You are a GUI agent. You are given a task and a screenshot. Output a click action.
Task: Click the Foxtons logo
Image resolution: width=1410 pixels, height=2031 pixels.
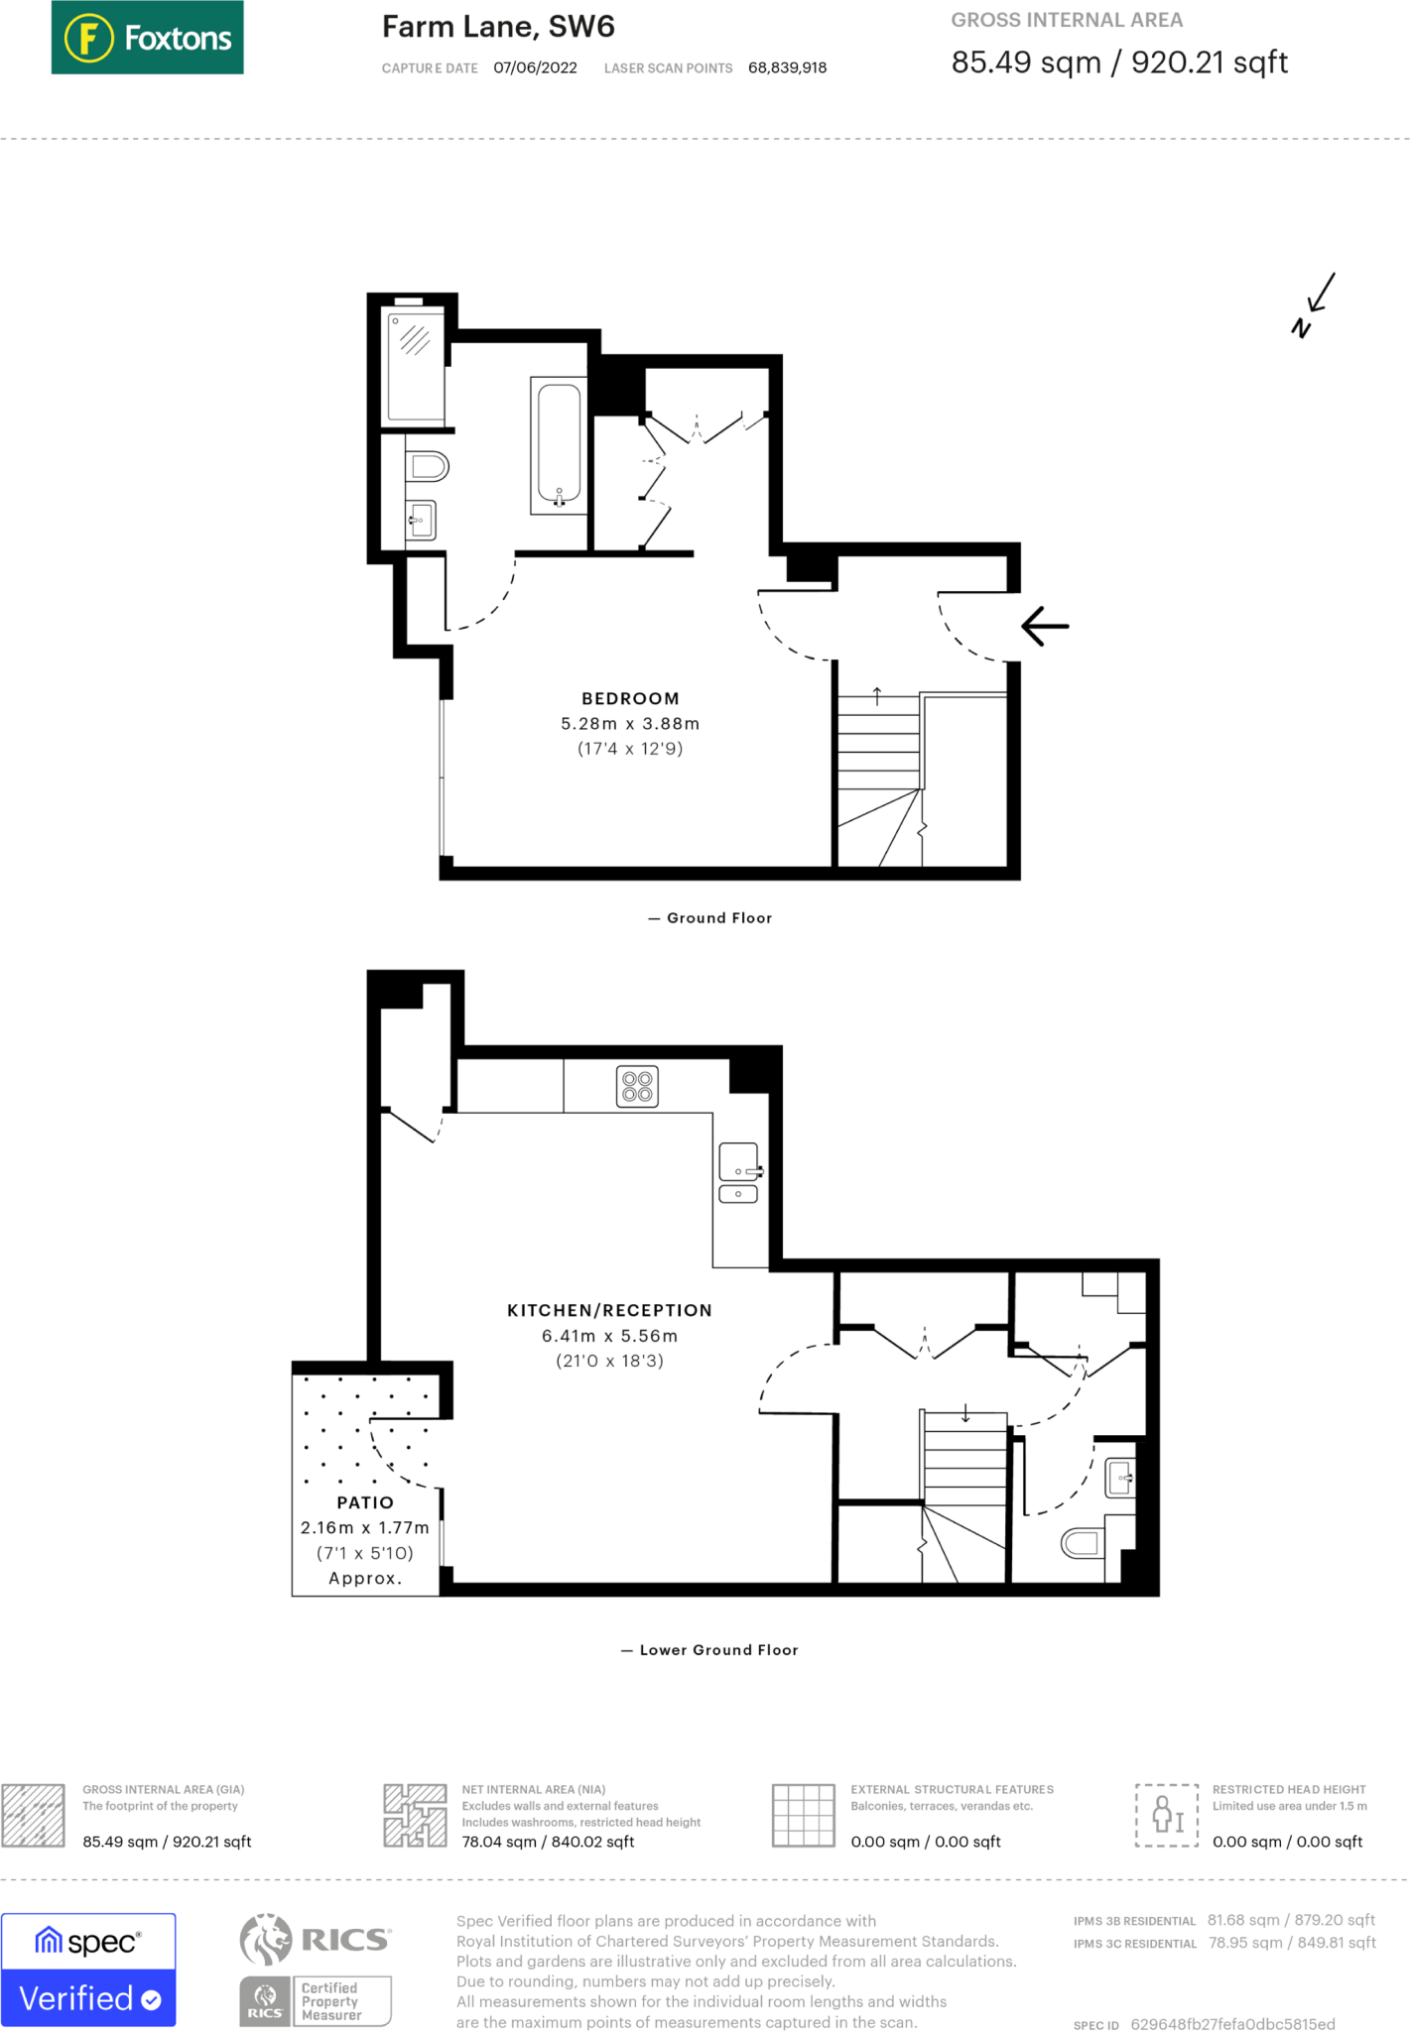point(147,38)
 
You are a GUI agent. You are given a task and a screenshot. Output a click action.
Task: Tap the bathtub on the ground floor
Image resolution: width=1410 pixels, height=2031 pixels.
point(559,444)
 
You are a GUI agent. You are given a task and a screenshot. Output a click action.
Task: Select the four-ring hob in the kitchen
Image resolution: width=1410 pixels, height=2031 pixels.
point(637,1086)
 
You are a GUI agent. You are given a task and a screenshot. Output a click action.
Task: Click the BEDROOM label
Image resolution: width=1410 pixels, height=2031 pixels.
point(630,699)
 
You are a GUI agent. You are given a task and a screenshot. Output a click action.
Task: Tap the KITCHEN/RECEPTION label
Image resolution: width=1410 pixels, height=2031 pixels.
point(609,1310)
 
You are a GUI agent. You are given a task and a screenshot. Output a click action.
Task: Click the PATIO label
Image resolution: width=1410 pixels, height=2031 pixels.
point(365,1502)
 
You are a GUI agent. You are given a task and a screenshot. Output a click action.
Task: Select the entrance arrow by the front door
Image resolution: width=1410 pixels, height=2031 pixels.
point(1045,626)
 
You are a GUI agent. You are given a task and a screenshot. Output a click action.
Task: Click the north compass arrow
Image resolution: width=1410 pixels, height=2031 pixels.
point(1316,303)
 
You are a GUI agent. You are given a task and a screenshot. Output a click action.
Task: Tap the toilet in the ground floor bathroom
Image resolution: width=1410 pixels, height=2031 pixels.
point(429,465)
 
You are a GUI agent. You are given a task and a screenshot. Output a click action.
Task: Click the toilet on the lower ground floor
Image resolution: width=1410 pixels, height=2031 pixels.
point(1083,1542)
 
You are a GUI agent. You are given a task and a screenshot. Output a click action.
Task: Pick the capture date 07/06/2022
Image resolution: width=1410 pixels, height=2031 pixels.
point(535,67)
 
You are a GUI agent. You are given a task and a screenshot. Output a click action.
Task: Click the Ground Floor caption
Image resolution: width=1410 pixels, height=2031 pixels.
point(718,918)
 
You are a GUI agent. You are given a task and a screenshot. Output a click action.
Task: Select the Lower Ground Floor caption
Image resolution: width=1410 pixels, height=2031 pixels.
point(717,1650)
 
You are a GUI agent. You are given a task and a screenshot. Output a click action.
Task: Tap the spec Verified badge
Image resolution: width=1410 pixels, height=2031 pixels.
point(88,1970)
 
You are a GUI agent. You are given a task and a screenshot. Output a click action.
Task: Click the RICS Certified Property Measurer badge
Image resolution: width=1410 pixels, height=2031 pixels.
point(316,1970)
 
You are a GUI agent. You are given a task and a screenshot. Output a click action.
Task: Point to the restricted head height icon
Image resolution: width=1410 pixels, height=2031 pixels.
point(1166,1815)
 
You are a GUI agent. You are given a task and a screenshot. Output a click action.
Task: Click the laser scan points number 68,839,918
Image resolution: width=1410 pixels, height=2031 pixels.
point(787,67)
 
